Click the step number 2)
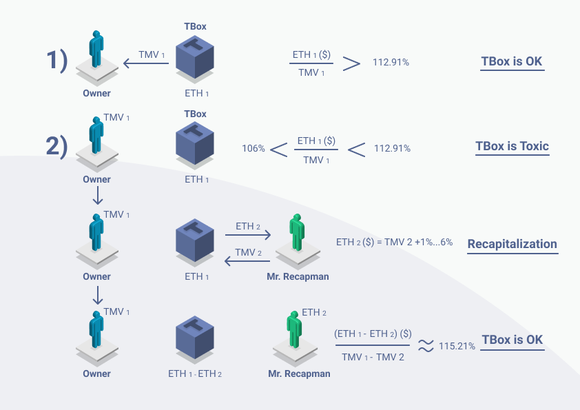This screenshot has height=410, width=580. click(57, 147)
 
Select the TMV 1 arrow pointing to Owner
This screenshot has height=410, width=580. click(146, 64)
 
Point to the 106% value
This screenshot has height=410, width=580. click(253, 148)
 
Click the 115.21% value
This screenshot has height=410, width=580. click(457, 345)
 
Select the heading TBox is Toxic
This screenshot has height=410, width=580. click(512, 147)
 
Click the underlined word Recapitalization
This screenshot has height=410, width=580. click(512, 244)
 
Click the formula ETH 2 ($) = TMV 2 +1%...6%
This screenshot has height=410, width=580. click(394, 243)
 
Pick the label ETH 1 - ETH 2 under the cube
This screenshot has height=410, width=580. click(195, 374)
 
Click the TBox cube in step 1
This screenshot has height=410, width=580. click(195, 57)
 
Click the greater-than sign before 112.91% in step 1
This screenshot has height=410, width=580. click(351, 63)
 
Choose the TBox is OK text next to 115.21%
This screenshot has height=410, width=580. click(512, 340)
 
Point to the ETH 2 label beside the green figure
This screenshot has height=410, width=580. click(314, 312)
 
